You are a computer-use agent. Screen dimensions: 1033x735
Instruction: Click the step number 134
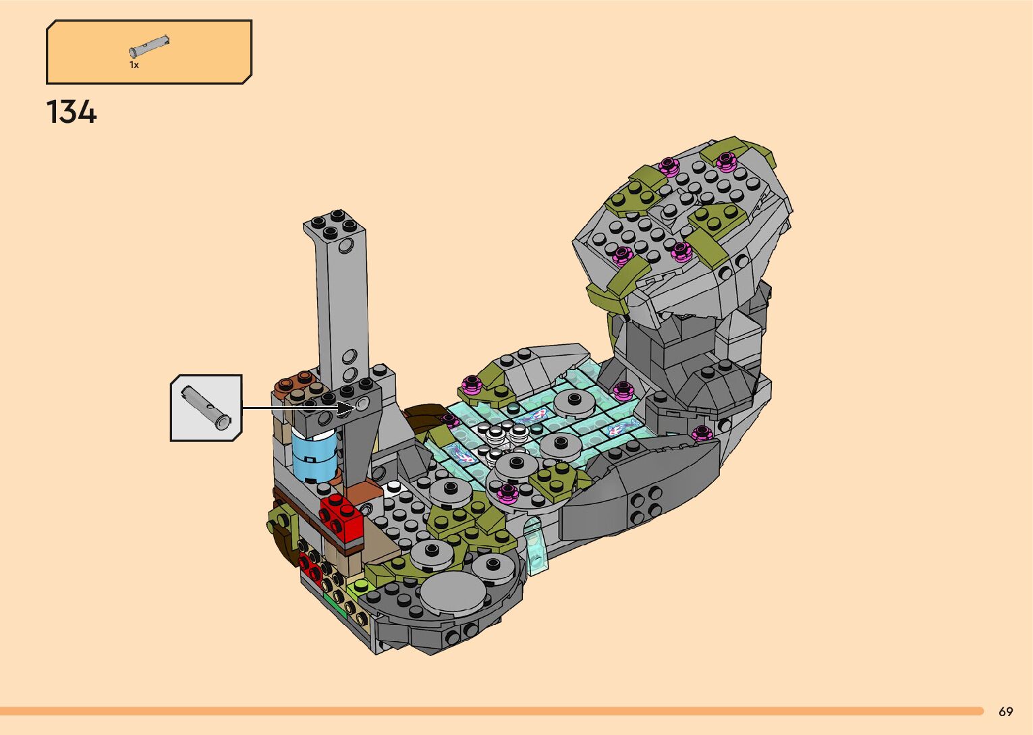[x=72, y=112]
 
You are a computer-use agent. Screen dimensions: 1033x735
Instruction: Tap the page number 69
[x=1006, y=711]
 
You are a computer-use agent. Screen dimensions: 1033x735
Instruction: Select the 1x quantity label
[x=134, y=65]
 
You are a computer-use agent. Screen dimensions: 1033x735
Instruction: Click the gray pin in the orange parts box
[x=149, y=46]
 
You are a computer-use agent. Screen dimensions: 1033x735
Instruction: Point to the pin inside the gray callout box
[x=206, y=408]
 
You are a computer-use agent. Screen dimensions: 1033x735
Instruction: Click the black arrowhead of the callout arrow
[x=347, y=408]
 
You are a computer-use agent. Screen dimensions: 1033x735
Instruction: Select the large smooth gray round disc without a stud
[x=452, y=595]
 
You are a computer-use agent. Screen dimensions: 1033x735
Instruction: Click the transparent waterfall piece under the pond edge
[x=535, y=546]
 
